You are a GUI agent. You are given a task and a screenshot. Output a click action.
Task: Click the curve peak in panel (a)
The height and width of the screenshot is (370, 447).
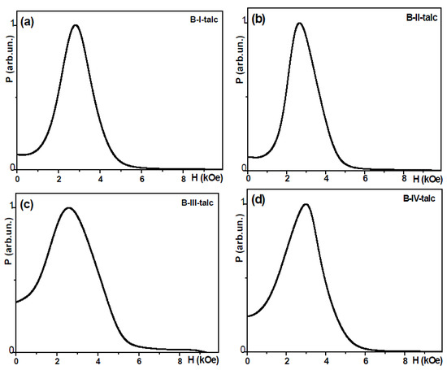point(76,24)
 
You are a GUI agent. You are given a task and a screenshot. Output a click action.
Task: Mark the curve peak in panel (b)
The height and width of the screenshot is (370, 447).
point(300,23)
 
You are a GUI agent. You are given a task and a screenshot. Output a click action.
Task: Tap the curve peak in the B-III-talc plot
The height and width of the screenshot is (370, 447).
point(69,207)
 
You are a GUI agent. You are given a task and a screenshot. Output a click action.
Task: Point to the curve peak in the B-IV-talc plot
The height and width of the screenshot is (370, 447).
point(306,204)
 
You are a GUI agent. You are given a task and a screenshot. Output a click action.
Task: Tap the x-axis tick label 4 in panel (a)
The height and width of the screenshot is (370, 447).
point(101,176)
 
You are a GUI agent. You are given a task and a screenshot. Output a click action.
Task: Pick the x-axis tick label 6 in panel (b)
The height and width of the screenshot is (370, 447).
point(366,177)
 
